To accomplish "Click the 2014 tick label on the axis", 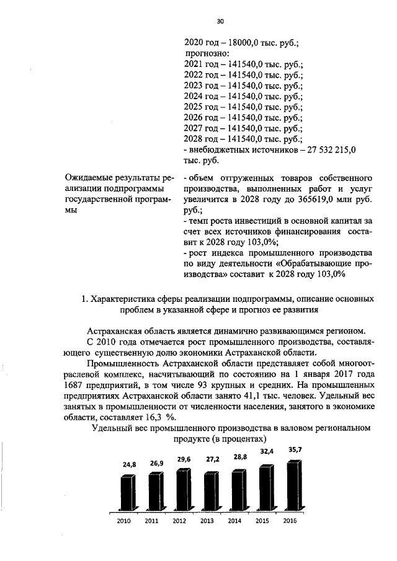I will (234, 521).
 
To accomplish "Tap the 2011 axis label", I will (152, 521).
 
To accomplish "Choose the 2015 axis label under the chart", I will (262, 521).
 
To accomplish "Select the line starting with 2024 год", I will (243, 96).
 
